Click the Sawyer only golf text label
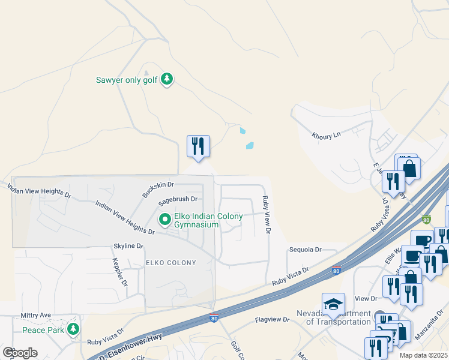127,79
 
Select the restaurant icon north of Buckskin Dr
198,146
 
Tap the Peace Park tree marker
73,329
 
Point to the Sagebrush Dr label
178,199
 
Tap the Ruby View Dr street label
265,214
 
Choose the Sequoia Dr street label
306,250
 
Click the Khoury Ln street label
326,136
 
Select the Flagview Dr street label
272,320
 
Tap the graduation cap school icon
333,304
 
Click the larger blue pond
249,145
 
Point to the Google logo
20,352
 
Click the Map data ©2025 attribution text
424,355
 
